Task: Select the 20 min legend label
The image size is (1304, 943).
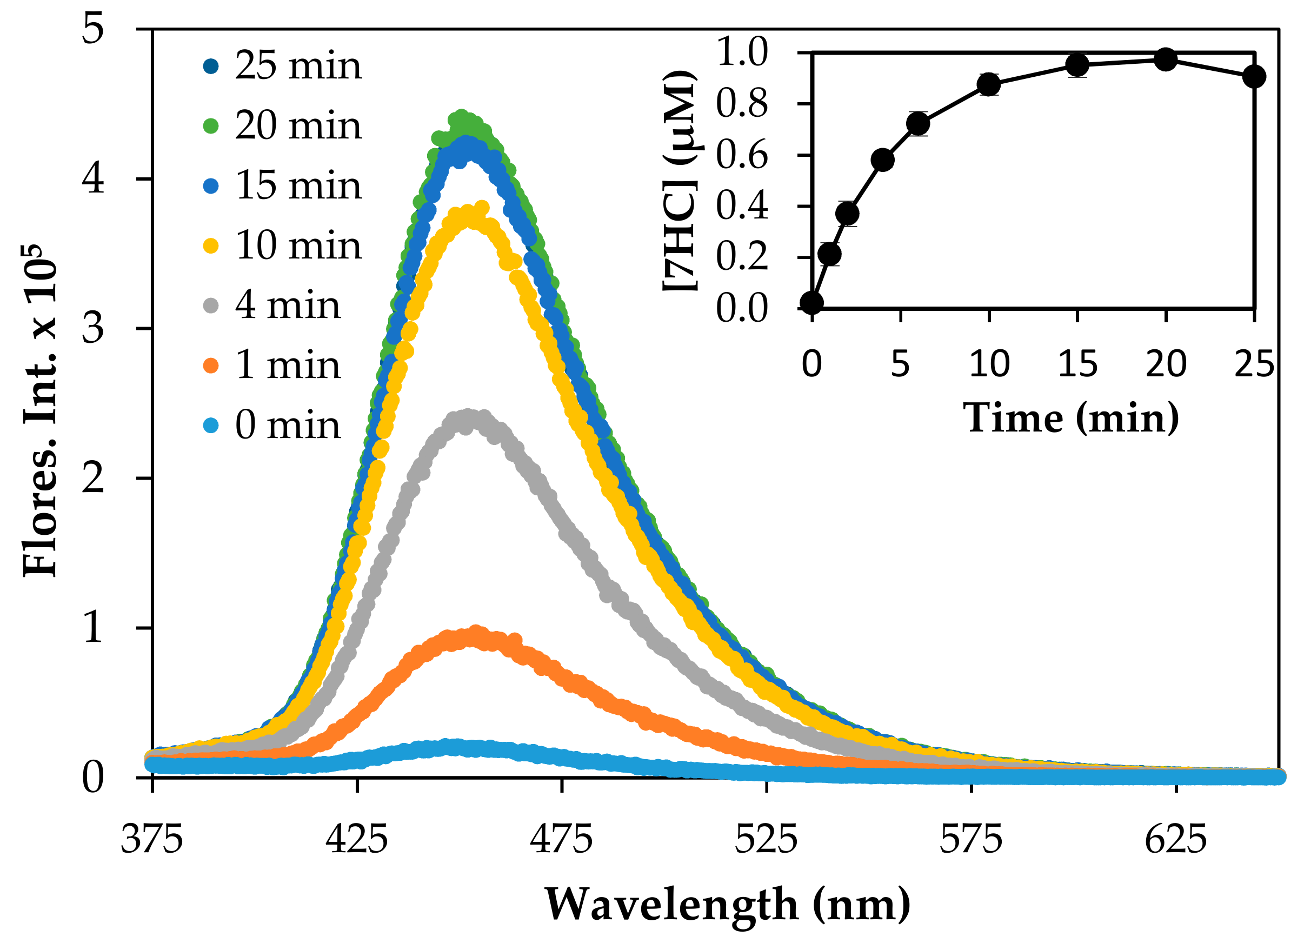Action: (x=298, y=125)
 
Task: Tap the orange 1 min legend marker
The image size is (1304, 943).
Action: (x=211, y=365)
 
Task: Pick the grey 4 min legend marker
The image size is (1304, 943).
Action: (x=211, y=306)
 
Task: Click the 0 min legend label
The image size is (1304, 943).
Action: (x=288, y=426)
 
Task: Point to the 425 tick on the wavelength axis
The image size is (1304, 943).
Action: (x=356, y=840)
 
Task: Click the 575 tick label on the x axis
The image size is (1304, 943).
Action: (x=970, y=840)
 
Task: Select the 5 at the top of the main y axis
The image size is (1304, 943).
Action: (x=92, y=29)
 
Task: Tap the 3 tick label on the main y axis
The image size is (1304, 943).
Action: (x=92, y=328)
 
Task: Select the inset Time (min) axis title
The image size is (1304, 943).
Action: (x=1070, y=418)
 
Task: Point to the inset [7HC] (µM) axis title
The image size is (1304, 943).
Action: (x=680, y=181)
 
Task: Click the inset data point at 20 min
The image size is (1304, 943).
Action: (x=1166, y=59)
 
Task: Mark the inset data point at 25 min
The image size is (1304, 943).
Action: (x=1254, y=76)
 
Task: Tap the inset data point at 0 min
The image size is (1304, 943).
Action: (x=812, y=302)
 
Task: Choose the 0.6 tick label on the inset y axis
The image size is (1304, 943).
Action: (x=742, y=155)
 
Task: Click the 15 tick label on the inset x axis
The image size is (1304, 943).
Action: (x=1077, y=364)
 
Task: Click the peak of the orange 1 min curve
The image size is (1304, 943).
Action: (x=474, y=635)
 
